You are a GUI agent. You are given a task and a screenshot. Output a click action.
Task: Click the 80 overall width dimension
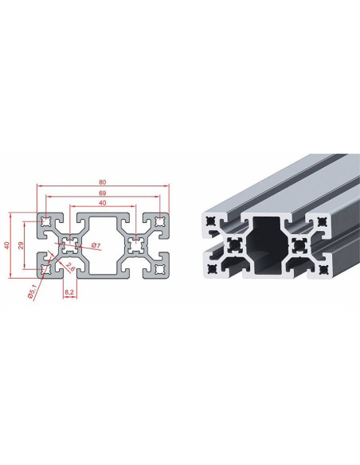103,182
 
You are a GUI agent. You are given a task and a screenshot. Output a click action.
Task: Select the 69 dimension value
103,193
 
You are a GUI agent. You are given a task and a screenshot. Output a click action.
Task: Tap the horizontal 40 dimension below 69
103,203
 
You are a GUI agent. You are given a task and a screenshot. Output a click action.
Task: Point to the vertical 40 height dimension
7,245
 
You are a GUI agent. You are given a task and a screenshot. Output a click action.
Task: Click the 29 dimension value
21,245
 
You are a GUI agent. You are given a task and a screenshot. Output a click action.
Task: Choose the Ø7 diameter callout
96,245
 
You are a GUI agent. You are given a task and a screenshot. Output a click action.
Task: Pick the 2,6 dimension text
70,267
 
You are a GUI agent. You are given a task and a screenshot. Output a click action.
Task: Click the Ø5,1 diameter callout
32,291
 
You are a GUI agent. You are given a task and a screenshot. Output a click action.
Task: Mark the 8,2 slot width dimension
69,292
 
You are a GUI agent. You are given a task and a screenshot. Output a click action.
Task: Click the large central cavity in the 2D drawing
103,245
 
